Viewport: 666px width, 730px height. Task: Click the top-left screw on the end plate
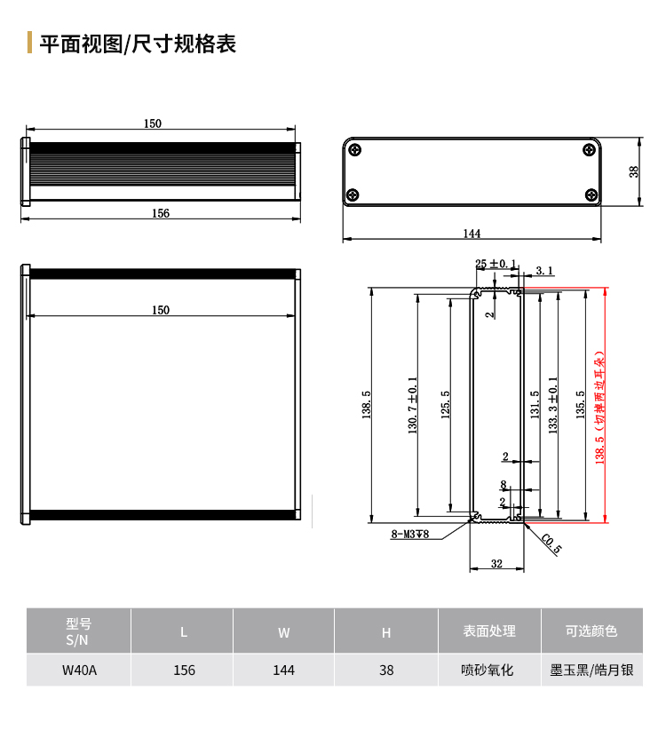tap(355, 150)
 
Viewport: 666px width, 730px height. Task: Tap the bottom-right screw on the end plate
tap(591, 194)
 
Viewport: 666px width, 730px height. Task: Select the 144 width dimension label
tap(472, 234)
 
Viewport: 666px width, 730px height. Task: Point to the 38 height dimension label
tap(634, 171)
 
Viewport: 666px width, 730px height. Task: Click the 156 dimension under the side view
tap(161, 213)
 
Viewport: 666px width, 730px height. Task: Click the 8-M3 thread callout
tap(409, 534)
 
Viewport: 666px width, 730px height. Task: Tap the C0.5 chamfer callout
tap(551, 544)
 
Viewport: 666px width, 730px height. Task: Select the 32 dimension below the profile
tap(496, 564)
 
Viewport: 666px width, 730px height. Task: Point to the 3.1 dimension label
tap(544, 271)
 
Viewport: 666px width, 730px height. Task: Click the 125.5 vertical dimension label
tap(446, 405)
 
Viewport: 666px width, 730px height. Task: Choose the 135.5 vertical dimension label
tap(580, 405)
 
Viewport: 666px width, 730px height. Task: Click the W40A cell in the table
tap(79, 670)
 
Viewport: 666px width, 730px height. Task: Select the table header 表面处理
tap(489, 631)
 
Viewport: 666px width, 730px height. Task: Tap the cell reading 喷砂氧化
tap(488, 670)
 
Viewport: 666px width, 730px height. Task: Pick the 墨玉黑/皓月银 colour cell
tap(591, 670)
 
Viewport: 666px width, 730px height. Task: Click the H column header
tap(386, 632)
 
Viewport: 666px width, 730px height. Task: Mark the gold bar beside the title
tap(30, 43)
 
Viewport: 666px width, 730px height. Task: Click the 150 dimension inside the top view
tap(161, 310)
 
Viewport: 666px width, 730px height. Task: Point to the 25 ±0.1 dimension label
tap(496, 264)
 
